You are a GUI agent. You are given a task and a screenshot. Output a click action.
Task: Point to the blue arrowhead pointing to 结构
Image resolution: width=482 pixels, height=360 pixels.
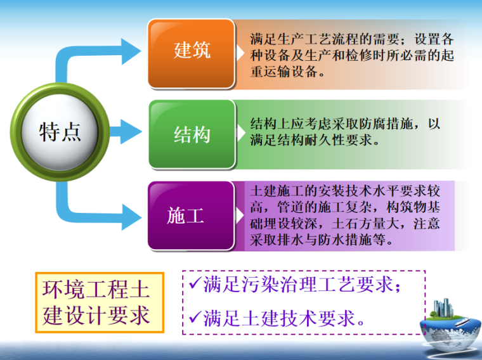[131, 132]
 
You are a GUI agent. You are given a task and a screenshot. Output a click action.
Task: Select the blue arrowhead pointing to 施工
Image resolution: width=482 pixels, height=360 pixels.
[131, 216]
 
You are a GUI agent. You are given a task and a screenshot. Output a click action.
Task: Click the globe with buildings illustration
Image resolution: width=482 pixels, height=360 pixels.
[448, 323]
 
